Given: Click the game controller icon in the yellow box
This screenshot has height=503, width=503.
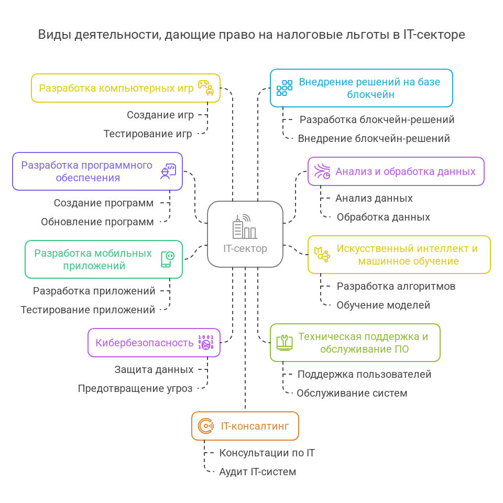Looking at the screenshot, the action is click(x=205, y=88).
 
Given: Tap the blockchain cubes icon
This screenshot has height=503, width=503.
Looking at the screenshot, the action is click(x=285, y=88).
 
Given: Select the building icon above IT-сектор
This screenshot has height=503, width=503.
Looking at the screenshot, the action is click(x=245, y=226).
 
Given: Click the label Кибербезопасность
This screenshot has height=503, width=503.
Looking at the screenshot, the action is click(x=145, y=343).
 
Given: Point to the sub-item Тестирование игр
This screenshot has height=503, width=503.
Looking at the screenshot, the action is click(x=148, y=134).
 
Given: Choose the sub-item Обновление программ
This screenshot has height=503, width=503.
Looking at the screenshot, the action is click(x=97, y=222).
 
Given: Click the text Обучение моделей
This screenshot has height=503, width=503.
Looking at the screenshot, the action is click(x=383, y=305).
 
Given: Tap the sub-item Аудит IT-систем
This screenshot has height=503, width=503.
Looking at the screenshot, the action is click(x=258, y=472).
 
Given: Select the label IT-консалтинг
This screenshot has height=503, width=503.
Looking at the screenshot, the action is click(x=255, y=426).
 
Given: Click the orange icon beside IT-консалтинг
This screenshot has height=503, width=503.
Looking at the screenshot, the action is click(x=206, y=426).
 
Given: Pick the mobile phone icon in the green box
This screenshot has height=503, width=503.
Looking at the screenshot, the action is click(x=168, y=259).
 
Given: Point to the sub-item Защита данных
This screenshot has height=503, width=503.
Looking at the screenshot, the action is click(x=154, y=369).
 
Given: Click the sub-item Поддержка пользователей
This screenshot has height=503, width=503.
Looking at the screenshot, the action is click(x=365, y=374).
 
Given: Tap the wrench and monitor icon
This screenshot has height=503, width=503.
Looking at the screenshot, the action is click(x=285, y=343).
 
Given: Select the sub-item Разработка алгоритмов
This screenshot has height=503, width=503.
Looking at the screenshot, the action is click(x=396, y=286).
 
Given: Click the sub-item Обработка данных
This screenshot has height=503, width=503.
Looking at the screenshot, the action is click(x=383, y=217).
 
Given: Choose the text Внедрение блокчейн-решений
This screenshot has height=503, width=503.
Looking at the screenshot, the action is click(x=374, y=138).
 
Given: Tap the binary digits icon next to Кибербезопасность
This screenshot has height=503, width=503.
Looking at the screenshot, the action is click(x=205, y=343).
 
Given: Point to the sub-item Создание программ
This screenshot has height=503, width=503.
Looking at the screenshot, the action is click(x=104, y=203).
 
